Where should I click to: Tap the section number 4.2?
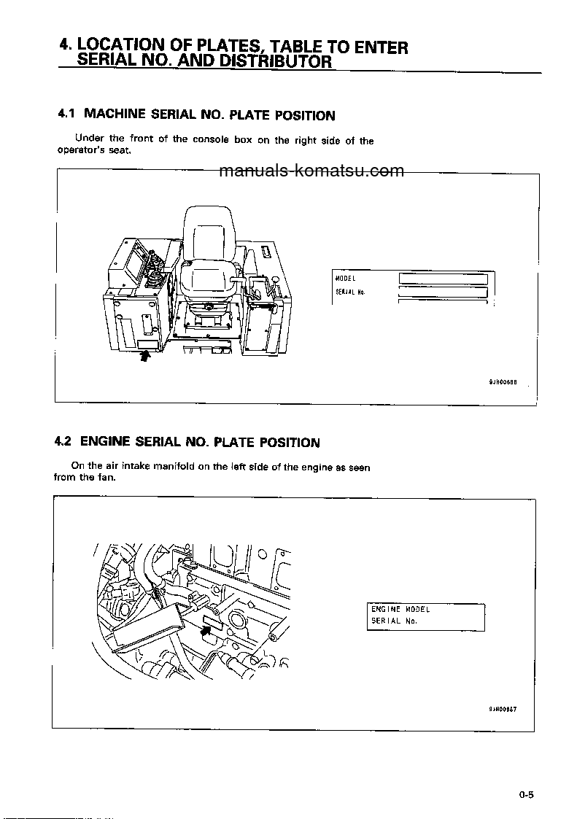coord(63,441)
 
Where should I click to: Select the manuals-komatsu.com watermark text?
coord(311,171)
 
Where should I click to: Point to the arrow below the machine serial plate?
coord(144,356)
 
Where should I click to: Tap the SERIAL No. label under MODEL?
coord(350,292)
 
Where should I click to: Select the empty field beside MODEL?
coord(443,279)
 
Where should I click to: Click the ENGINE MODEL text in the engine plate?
coord(400,609)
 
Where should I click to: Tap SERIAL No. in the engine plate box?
coord(393,621)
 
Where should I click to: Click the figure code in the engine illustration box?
coord(503,708)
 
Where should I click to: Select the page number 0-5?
coord(527,796)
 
